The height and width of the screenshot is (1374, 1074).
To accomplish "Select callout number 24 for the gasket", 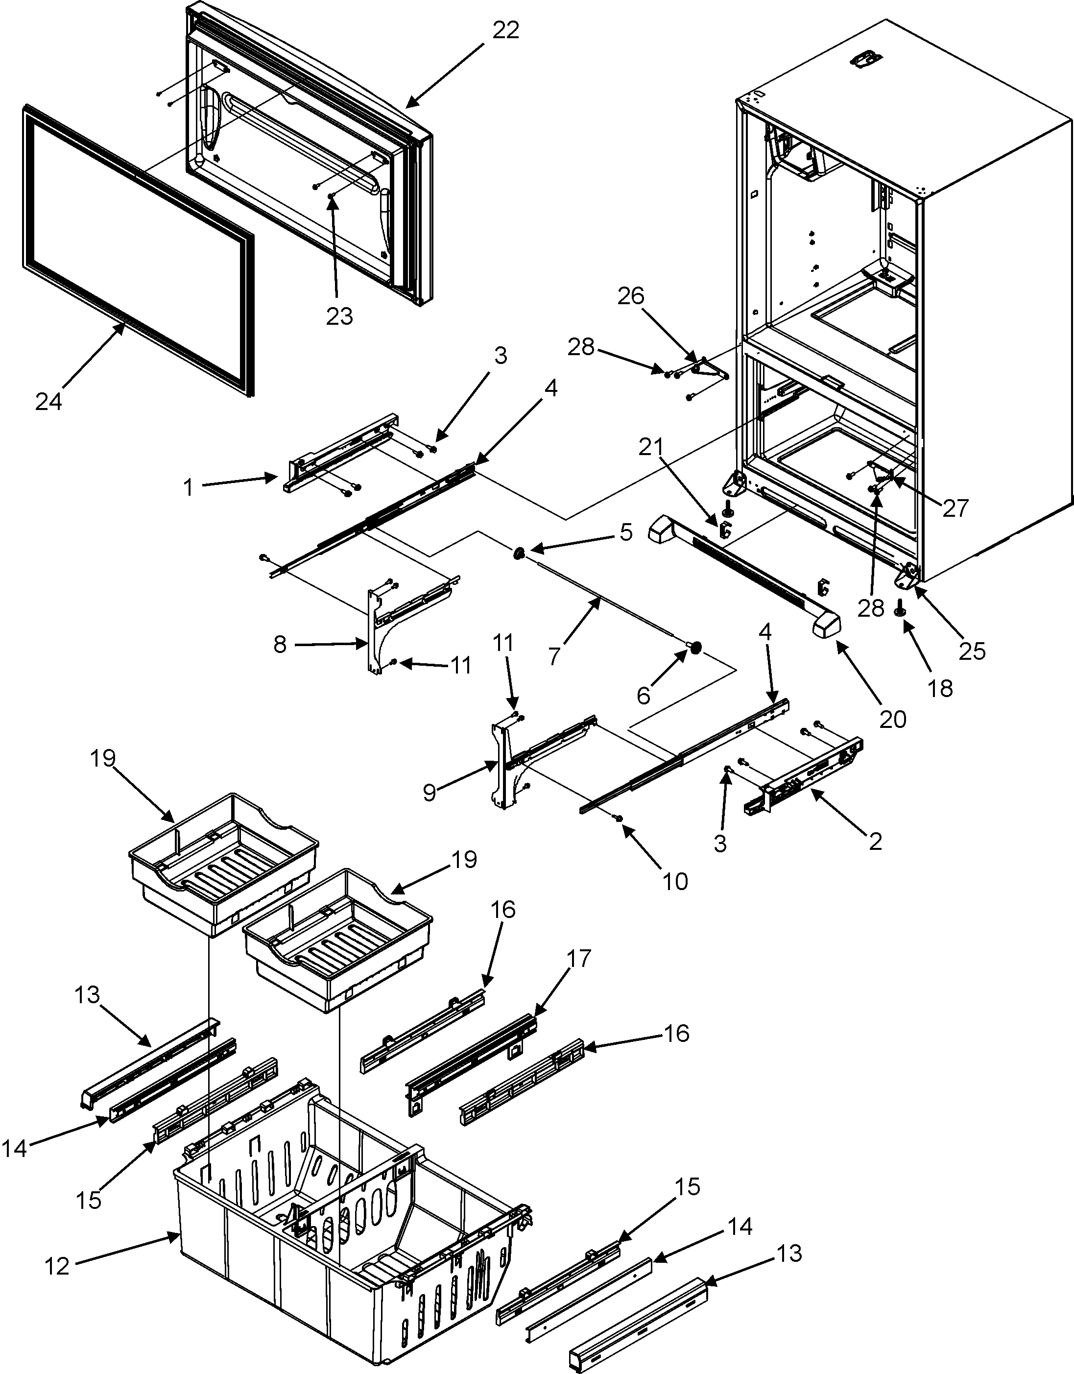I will [x=48, y=401].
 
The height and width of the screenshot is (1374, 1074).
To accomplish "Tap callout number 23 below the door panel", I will [x=339, y=316].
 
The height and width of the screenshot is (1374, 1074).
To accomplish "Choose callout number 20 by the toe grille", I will [x=893, y=719].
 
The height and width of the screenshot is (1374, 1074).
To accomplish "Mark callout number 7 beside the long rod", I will [x=554, y=657].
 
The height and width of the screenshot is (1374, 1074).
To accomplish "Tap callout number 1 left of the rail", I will [x=188, y=487].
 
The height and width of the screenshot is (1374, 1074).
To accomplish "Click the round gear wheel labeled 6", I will [x=696, y=648].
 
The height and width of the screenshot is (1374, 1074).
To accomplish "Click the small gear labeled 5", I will [x=520, y=554].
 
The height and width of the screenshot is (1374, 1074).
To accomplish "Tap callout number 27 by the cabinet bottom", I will [x=955, y=508].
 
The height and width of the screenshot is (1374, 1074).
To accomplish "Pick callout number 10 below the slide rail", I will [x=675, y=882].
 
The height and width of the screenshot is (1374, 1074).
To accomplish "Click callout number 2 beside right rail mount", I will [x=875, y=841].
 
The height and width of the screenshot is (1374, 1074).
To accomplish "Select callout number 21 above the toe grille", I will [x=651, y=448].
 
